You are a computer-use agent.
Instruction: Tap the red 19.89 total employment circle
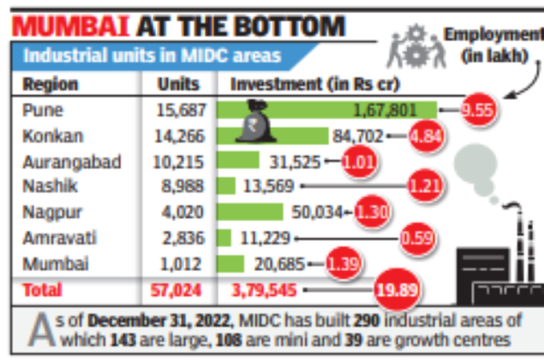coord(396,290)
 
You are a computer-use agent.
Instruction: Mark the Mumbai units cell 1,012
coord(181,264)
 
